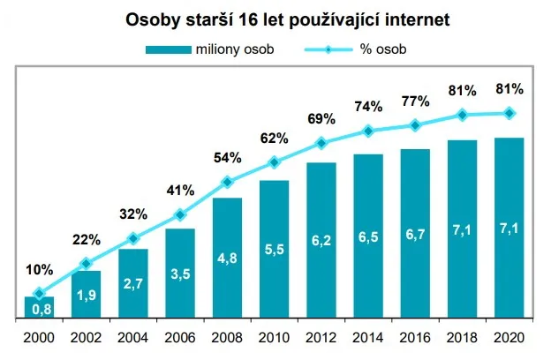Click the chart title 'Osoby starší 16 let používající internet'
[x=275, y=18]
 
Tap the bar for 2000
[x=38, y=306]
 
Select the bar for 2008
[x=227, y=257]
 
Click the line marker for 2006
[x=180, y=214]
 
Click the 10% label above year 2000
[x=39, y=270]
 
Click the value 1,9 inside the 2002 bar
[x=86, y=296]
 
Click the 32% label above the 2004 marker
[x=132, y=213]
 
